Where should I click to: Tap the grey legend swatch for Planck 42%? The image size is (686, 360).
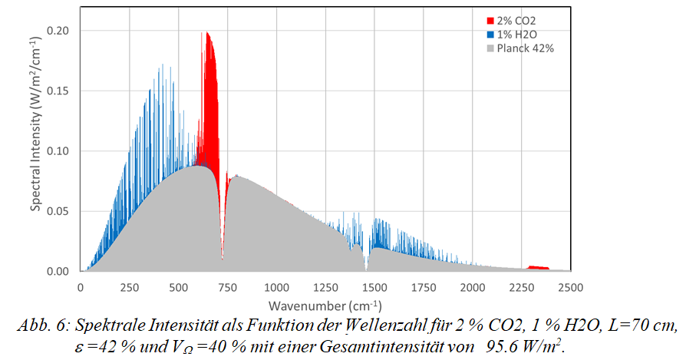pyautogui.click(x=490, y=48)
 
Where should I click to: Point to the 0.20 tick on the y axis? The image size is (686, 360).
pyautogui.click(x=61, y=31)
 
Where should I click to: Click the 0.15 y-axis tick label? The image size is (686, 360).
pyautogui.click(x=61, y=91)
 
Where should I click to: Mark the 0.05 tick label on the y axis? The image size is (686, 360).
pyautogui.click(x=61, y=211)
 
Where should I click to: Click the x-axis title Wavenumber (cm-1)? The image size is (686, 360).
pyautogui.click(x=325, y=305)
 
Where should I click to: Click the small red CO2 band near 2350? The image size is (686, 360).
pyautogui.click(x=538, y=267)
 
